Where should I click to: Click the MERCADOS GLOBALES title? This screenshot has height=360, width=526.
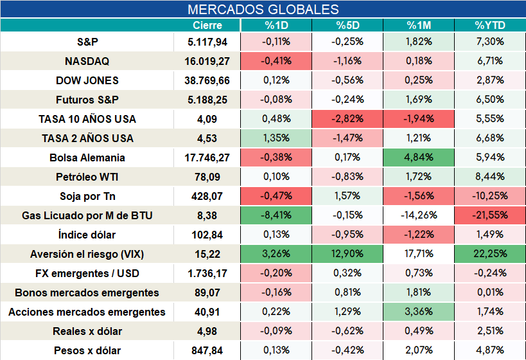coord(263,10)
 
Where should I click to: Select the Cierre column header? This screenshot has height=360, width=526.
coord(207,25)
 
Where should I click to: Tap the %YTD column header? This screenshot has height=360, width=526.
coord(490,25)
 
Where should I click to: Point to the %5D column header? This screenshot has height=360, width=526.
coord(347,25)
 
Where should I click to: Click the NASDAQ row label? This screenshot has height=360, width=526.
coord(87,61)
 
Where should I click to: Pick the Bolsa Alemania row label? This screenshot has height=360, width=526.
coord(87,157)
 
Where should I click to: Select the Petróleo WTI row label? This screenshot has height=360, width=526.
coord(87,177)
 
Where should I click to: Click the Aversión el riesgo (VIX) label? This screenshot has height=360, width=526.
coord(87,254)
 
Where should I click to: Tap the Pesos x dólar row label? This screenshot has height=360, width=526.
coord(87,350)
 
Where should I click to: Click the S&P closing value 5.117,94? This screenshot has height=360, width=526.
coord(207,42)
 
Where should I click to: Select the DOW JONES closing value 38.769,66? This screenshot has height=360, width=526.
coord(207,80)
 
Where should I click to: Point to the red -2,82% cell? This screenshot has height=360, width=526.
coord(347,119)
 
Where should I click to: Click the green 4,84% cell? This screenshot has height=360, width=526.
coord(419,157)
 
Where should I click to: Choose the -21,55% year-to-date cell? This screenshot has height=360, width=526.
coord(490,215)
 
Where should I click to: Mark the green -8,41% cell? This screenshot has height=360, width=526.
coord(276,215)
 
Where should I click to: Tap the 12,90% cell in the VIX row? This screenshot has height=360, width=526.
coord(347,254)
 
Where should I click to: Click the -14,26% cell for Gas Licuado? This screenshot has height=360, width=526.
coord(419,215)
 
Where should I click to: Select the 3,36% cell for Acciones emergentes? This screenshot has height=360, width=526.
coord(419,312)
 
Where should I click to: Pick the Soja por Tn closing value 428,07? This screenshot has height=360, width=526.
coord(207,196)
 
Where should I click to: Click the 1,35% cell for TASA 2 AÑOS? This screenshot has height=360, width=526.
coord(276,138)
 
